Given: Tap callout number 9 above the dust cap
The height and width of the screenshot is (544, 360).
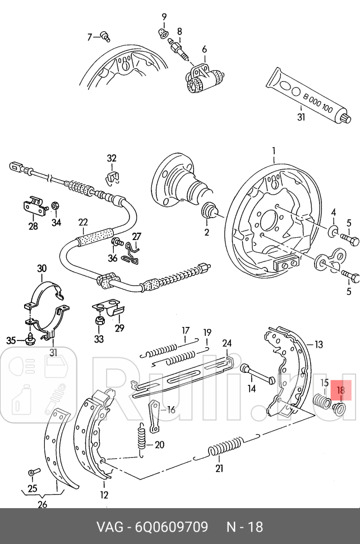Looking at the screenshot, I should coord(164,17).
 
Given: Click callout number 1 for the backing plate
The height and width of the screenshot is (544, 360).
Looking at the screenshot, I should coord(274,151).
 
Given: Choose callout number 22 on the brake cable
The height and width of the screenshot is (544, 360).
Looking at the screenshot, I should coord(83,222).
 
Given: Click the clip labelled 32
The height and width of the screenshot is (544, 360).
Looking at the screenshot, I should coord(112,178).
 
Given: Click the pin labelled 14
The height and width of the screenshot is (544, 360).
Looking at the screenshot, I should coord(256,372).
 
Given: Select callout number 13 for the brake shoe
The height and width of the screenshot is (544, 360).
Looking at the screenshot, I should coord(319,344).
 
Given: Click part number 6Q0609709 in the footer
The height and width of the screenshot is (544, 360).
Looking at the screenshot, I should coord(171,527).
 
